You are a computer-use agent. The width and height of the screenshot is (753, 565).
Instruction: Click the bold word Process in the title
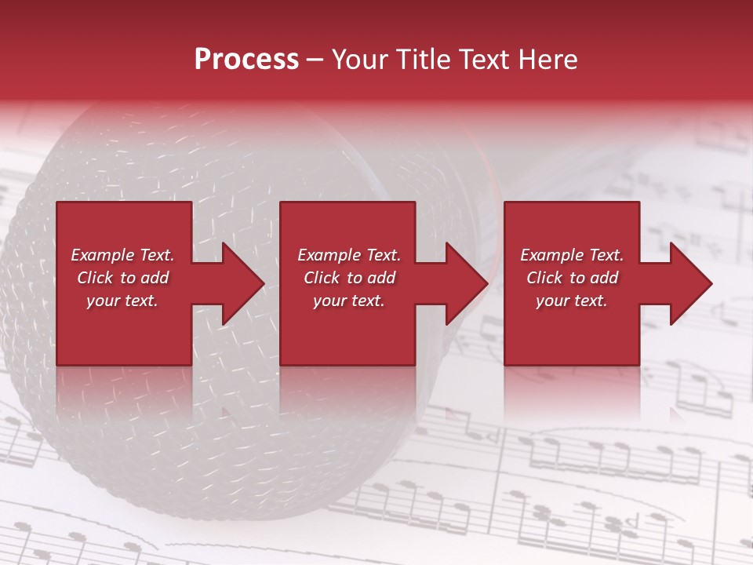coord(246,60)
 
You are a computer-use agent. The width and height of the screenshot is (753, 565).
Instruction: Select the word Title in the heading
coord(426,60)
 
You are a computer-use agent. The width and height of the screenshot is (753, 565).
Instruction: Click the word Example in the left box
coord(101,255)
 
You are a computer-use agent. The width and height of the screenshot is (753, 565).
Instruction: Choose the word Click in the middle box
coord(322,278)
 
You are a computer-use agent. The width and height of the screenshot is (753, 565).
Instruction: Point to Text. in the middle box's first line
coord(380,255)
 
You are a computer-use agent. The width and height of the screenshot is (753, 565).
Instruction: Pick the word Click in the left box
coord(96,278)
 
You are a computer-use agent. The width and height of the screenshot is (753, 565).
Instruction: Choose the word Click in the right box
coord(545,278)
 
